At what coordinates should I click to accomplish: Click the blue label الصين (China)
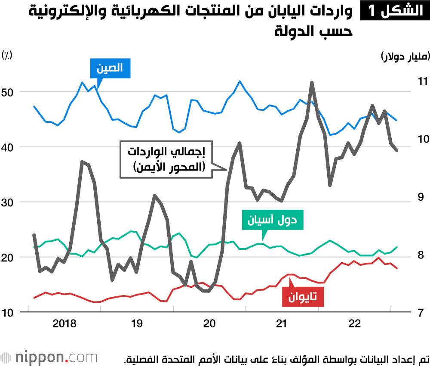110,68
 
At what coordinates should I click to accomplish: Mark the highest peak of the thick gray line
312,82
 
